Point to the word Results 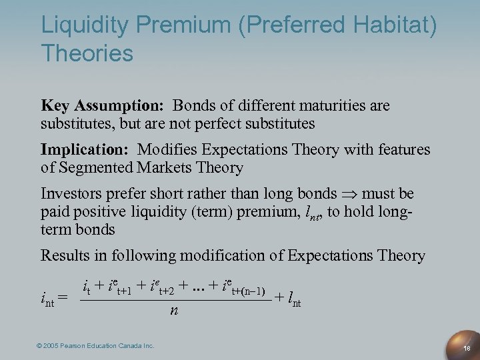(63, 255)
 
